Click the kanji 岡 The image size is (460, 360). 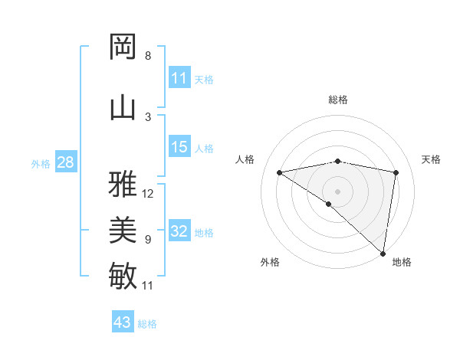(x=123, y=47)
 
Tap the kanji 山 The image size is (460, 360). (x=123, y=107)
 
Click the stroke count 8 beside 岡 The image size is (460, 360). (x=148, y=56)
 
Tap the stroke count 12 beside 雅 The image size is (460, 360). (x=149, y=193)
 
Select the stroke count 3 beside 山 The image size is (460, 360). (x=148, y=116)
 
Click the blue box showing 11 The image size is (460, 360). (x=179, y=78)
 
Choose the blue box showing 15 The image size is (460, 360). (x=179, y=147)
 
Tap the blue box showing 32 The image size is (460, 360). (x=179, y=231)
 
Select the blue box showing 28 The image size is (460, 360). (x=65, y=162)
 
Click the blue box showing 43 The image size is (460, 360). (x=123, y=322)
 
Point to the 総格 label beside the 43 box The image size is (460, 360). (x=147, y=324)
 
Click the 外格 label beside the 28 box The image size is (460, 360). (x=41, y=163)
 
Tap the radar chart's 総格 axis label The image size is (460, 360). (x=338, y=100)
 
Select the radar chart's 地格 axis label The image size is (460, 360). (x=402, y=262)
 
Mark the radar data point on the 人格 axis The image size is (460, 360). (x=280, y=172)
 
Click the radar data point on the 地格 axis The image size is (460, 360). (x=383, y=253)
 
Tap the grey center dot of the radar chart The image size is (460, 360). (x=337, y=190)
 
